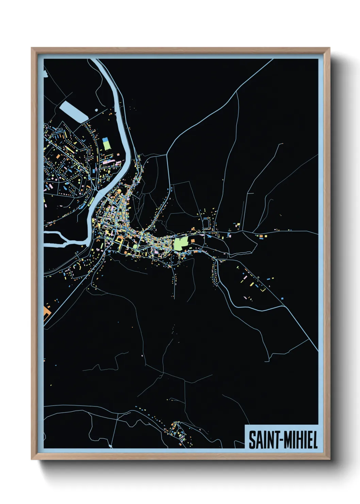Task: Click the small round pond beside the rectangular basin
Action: pyautogui.click(x=97, y=110)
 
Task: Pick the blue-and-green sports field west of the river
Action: pyautogui.click(x=107, y=144)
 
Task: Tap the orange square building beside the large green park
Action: pyautogui.click(x=193, y=241)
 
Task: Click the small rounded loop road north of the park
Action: pyautogui.click(x=206, y=224)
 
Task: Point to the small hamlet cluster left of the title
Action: pyautogui.click(x=177, y=432)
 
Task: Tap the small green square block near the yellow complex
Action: pyautogui.click(x=135, y=246)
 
